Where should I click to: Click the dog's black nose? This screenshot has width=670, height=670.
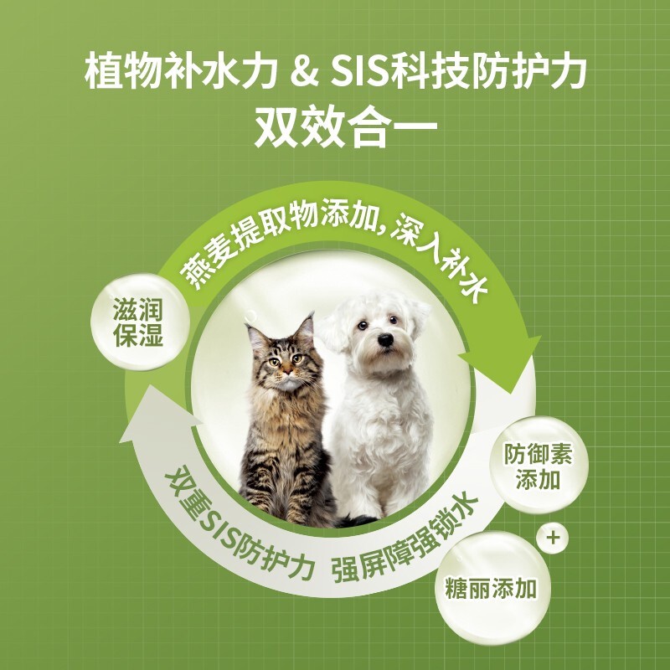(385, 340)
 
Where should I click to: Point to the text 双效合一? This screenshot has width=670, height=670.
(346, 127)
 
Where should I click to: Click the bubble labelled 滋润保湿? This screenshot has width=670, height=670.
(139, 322)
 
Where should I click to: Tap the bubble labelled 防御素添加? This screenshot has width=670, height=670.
(539, 465)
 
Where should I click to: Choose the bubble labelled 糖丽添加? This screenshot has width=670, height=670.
(492, 589)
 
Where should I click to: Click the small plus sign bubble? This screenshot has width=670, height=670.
(553, 538)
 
